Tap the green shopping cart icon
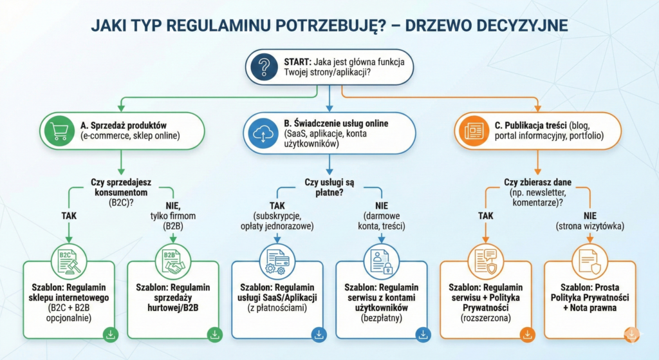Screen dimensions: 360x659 [x=59, y=131]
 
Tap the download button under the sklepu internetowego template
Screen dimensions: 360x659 [x=110, y=334]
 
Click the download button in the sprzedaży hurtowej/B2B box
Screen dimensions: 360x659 [x=214, y=334]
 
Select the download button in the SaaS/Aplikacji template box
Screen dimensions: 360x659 [x=319, y=334]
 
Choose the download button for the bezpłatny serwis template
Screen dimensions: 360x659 [x=422, y=334]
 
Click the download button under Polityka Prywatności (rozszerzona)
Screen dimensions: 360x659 [x=527, y=334]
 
